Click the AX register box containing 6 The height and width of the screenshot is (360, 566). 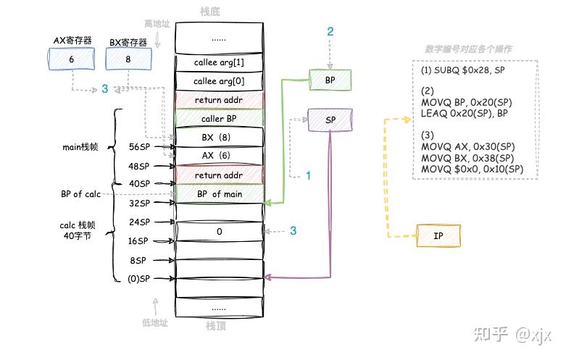[71, 59]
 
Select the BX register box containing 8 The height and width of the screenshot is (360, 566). [130, 59]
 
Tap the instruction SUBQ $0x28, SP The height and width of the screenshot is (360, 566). [463, 70]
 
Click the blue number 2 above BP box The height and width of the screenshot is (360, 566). [330, 31]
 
